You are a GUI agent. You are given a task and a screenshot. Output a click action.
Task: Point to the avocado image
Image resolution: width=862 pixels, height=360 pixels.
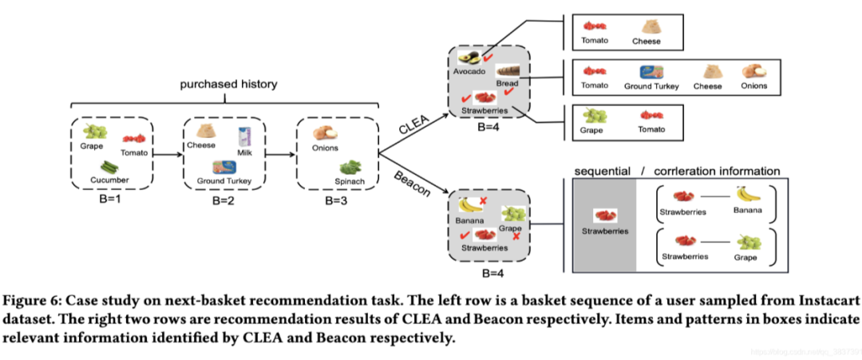[x=468, y=58]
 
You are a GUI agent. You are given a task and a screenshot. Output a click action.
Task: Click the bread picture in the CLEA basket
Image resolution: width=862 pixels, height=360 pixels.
[x=508, y=71]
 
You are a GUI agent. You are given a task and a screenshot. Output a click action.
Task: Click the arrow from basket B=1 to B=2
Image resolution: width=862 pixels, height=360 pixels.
[x=168, y=152]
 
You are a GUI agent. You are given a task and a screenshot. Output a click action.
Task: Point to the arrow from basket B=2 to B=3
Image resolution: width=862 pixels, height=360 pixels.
[x=280, y=152]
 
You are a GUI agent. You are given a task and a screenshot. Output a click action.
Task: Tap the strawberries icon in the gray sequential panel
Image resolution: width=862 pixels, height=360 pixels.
[x=603, y=216]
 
